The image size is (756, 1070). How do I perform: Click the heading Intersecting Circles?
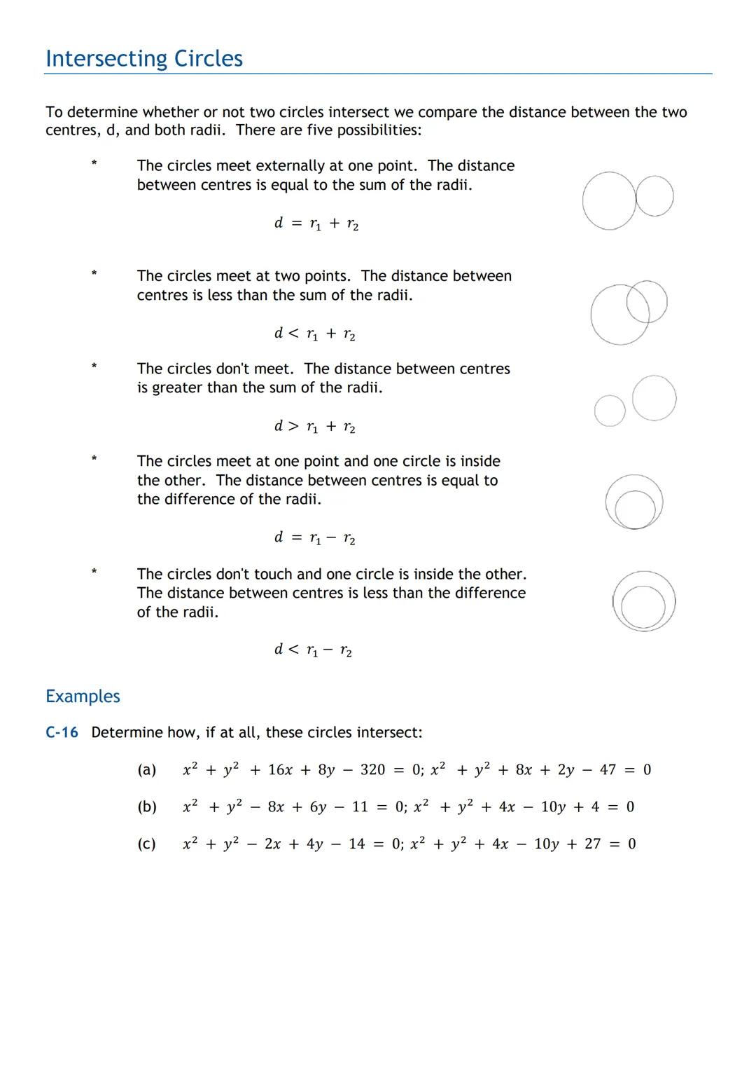pyautogui.click(x=144, y=59)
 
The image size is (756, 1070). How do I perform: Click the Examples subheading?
pyautogui.click(x=83, y=696)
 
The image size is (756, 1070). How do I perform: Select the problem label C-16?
pyautogui.click(x=62, y=732)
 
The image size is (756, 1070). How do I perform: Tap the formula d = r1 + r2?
pyautogui.click(x=316, y=224)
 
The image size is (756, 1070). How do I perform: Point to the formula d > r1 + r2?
pyautogui.click(x=314, y=427)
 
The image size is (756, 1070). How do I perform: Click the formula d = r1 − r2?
pyautogui.click(x=314, y=538)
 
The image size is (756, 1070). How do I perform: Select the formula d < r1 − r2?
pyautogui.click(x=313, y=650)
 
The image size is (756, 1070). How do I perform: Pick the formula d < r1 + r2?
pyautogui.click(x=314, y=334)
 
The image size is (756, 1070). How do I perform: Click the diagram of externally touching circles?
pyautogui.click(x=627, y=200)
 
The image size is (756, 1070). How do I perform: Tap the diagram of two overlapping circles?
pyautogui.click(x=628, y=312)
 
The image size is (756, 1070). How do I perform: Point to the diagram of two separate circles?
pyautogui.click(x=635, y=402)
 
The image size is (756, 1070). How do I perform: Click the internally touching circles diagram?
pyautogui.click(x=634, y=502)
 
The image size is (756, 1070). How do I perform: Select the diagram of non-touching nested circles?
pyautogui.click(x=643, y=602)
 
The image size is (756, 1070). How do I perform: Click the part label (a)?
pyautogui.click(x=146, y=770)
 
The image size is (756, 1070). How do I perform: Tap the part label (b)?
pyautogui.click(x=146, y=807)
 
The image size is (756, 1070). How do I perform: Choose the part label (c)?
pyautogui.click(x=146, y=844)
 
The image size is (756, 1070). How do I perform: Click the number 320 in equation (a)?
pyautogui.click(x=372, y=770)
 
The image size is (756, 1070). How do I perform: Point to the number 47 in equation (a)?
pyautogui.click(x=608, y=770)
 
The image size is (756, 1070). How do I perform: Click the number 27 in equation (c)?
pyautogui.click(x=592, y=844)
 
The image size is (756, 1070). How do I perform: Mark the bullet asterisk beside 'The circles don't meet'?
pyautogui.click(x=93, y=366)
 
